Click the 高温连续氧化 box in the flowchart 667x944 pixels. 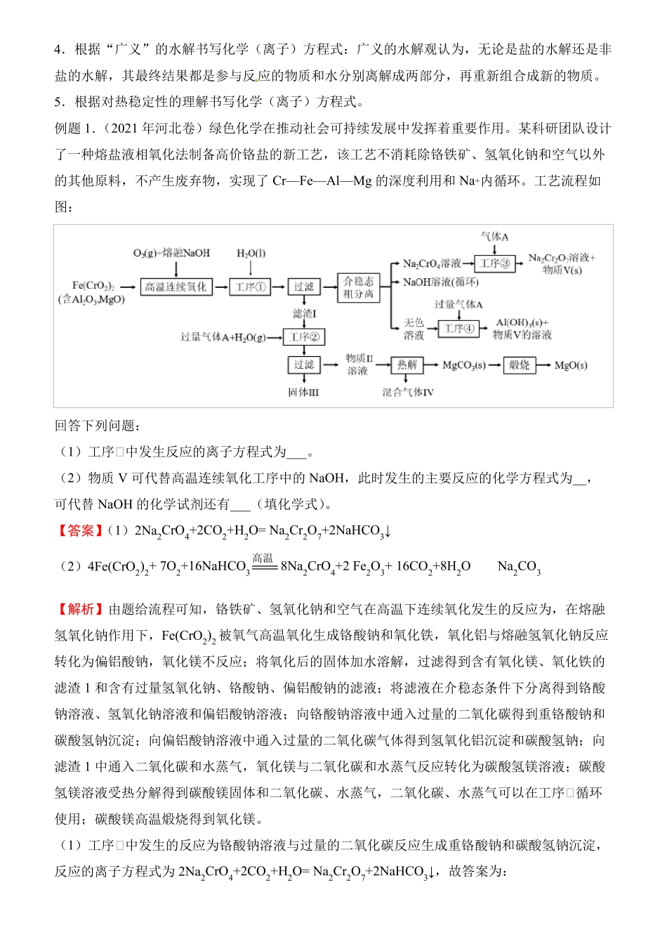point(176,287)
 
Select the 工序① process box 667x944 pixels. point(250,287)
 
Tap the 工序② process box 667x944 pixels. point(304,337)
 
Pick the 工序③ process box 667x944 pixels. point(495,263)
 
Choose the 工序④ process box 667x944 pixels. point(459,328)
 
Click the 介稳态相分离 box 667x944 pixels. point(359,287)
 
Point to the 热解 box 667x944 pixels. point(407,365)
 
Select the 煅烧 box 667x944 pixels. point(520,365)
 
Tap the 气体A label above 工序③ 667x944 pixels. point(494,237)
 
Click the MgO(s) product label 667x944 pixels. point(571,365)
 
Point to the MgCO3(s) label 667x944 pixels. point(464,365)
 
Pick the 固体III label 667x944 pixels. point(303,392)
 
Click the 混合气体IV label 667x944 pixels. point(408,392)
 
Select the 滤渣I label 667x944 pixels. point(304,313)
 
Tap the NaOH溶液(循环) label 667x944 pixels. point(440,282)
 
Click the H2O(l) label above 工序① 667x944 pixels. point(251,254)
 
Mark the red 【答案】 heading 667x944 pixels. point(80,530)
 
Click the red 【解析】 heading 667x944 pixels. point(80,609)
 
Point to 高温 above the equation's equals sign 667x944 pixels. point(263,558)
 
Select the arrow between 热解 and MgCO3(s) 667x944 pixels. point(430,365)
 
